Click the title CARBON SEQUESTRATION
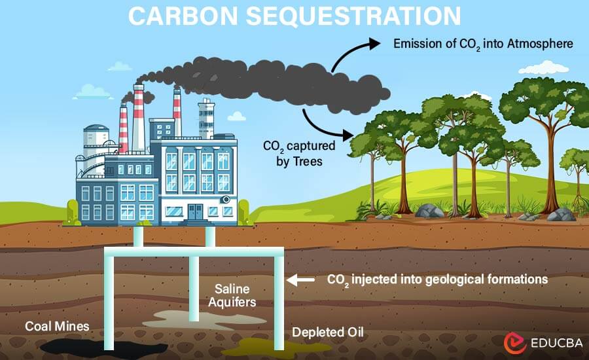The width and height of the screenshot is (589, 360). pyautogui.click(x=294, y=16)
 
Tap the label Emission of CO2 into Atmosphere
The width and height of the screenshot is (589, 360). pyautogui.click(x=483, y=44)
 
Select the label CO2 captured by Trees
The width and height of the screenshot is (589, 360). pyautogui.click(x=292, y=153)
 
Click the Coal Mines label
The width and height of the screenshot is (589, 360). pyautogui.click(x=57, y=326)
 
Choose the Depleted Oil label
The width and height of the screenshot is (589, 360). pyautogui.click(x=327, y=333)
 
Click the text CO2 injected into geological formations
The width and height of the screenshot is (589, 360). pyautogui.click(x=437, y=279)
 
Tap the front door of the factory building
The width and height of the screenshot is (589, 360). pyautogui.click(x=195, y=211)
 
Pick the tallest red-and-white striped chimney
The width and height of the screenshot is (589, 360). pyautogui.click(x=138, y=118)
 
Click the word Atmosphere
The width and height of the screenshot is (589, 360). pyautogui.click(x=540, y=44)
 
